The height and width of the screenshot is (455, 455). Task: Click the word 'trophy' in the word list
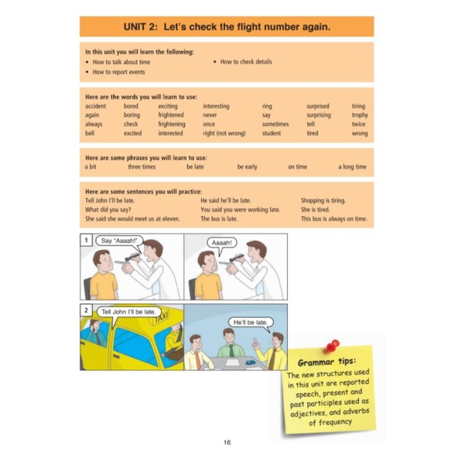(x=360, y=115)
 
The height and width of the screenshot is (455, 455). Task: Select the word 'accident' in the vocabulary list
(x=95, y=106)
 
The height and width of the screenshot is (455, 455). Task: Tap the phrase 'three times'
(x=142, y=167)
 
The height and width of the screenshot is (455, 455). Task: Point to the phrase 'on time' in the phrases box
(x=297, y=167)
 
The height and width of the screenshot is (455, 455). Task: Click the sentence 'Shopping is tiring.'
(x=323, y=200)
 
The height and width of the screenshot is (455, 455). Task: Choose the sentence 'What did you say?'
(x=108, y=210)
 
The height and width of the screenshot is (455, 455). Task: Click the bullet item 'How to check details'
(x=246, y=62)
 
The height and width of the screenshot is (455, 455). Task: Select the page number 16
(x=227, y=443)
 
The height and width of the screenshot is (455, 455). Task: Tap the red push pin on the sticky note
(x=332, y=346)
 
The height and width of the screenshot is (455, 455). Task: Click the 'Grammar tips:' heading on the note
(x=327, y=362)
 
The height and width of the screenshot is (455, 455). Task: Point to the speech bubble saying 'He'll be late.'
(x=251, y=323)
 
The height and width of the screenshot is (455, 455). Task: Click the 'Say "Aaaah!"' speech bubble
(x=119, y=241)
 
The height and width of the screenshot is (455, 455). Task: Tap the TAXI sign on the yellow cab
(x=160, y=317)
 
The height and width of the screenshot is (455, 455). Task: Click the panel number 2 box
(x=86, y=310)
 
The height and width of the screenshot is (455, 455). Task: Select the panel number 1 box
(x=86, y=240)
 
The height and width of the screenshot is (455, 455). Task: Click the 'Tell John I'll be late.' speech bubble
(x=128, y=313)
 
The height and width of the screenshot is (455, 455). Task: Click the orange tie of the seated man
(x=198, y=360)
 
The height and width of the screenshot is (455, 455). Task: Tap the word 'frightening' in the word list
(x=172, y=124)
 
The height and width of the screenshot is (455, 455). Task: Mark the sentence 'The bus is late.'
(x=219, y=219)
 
